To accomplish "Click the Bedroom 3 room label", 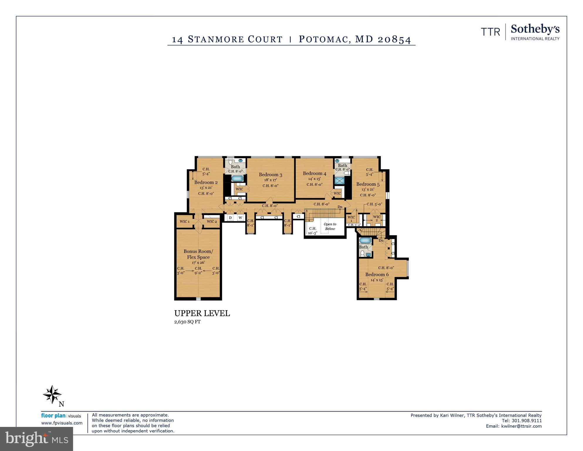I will (270, 175).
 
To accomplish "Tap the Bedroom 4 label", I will (314, 173).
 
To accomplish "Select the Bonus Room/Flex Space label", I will (198, 254).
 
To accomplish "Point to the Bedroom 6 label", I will (377, 274).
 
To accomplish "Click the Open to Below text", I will (330, 226).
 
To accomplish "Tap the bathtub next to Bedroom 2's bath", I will (237, 178).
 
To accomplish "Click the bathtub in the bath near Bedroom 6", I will (365, 241).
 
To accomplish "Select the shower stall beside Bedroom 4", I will (339, 180).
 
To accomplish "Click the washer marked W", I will (240, 218).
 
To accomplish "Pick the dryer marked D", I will (230, 218).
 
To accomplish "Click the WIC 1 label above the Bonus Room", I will (185, 221).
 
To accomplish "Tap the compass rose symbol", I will (52, 394).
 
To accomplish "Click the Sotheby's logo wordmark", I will (535, 29).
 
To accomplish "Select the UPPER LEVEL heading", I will (202, 313).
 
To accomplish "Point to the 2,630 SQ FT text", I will (187, 322).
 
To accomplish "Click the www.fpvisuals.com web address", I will (62, 423).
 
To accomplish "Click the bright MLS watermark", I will (36, 439).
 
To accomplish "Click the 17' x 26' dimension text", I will (198, 263).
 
